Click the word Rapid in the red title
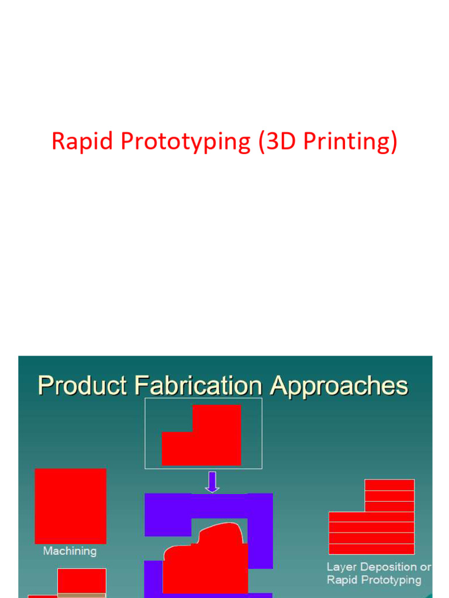point(82,141)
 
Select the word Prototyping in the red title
point(185,142)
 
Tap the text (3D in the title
point(277,141)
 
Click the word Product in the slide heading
point(82,385)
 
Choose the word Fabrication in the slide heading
point(198,385)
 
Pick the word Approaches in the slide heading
point(339,387)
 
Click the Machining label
point(70,551)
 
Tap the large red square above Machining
point(71,506)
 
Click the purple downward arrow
point(212,482)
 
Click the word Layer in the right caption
point(341,567)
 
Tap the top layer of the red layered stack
point(389,485)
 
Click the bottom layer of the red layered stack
point(371,549)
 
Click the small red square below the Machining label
point(82,581)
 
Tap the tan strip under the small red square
point(82,596)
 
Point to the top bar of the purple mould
point(209,506)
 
